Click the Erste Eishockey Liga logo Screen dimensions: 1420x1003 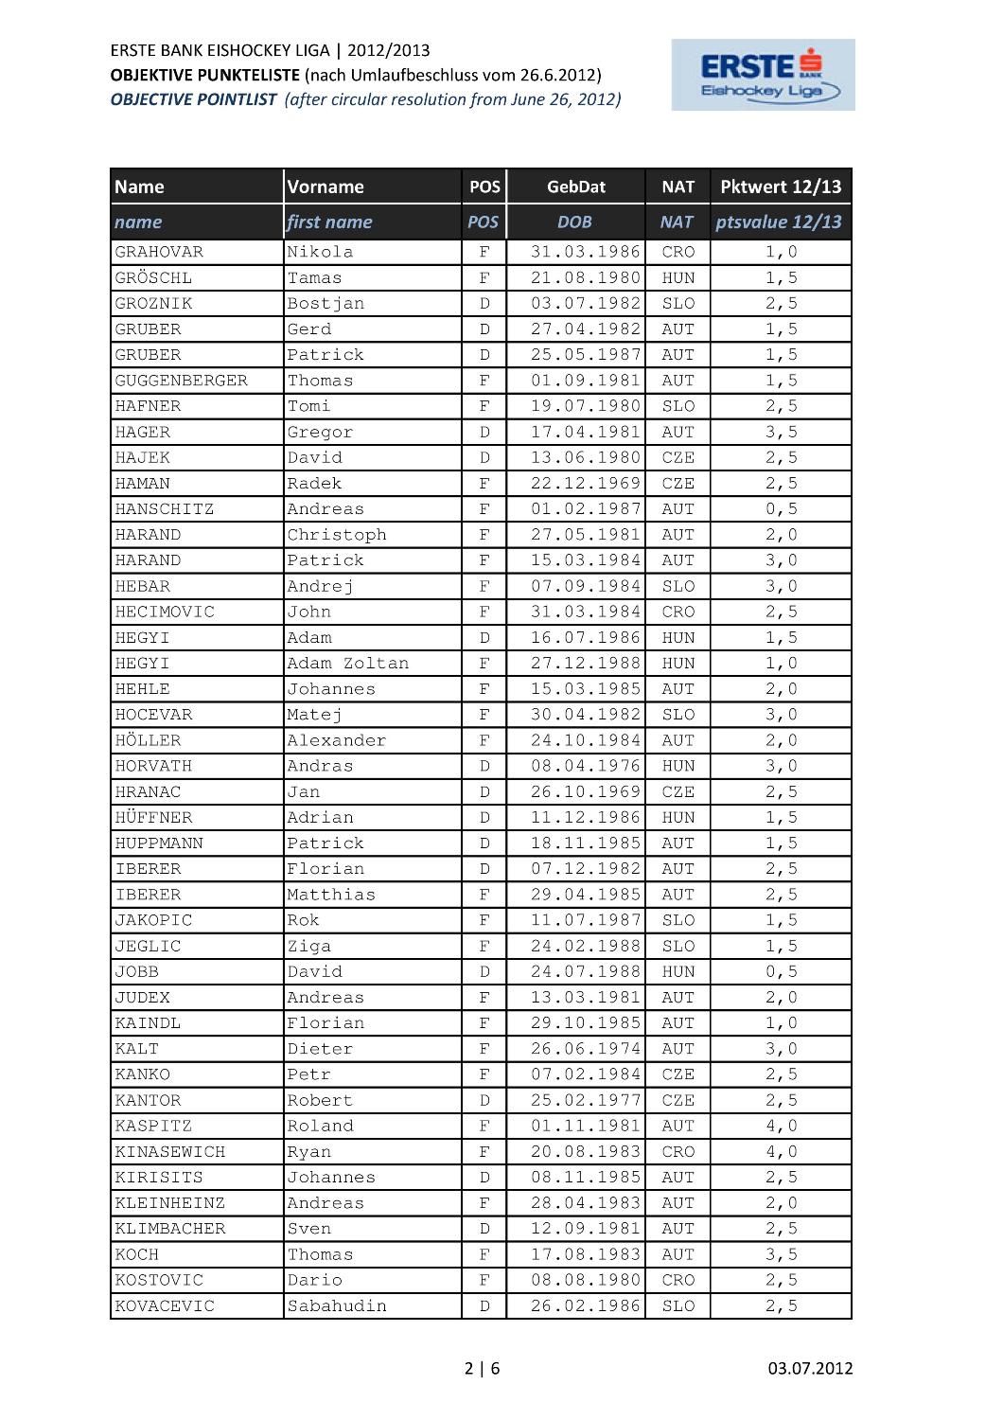[763, 75]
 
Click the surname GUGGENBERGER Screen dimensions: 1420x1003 [181, 381]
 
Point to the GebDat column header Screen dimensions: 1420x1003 [575, 186]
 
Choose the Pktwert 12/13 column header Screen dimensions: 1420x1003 [780, 186]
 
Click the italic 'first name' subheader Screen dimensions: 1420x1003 [329, 222]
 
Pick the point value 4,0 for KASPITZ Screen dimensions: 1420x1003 [781, 1126]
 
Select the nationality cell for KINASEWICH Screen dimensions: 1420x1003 [677, 1152]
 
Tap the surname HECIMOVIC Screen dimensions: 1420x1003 [165, 612]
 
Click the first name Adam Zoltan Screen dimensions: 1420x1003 [347, 663]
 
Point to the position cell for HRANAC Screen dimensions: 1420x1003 [484, 791]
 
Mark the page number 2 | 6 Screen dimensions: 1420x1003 [483, 1368]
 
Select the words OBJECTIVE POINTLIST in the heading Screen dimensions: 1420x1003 [193, 99]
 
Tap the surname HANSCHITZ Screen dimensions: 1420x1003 [165, 508]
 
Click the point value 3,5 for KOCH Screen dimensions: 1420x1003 [781, 1254]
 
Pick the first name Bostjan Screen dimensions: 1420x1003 [326, 303]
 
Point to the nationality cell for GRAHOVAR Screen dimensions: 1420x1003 [677, 252]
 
